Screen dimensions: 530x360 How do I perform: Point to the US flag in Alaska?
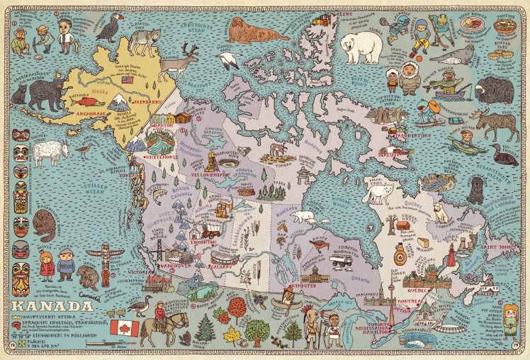(128, 80)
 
